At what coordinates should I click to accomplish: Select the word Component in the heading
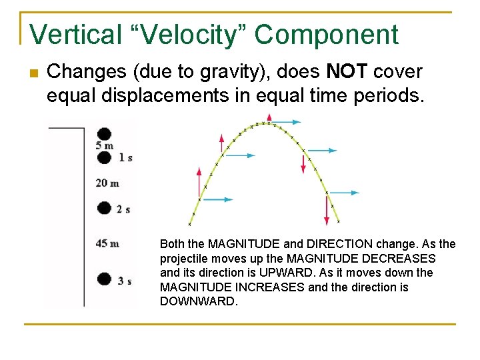pyautogui.click(x=327, y=35)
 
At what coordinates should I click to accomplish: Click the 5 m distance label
pyautogui.click(x=104, y=145)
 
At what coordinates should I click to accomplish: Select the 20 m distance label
pyautogui.click(x=107, y=183)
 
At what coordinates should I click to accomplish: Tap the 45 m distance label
pyautogui.click(x=107, y=243)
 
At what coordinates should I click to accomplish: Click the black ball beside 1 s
pyautogui.click(x=104, y=157)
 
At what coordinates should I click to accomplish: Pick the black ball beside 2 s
pyautogui.click(x=104, y=208)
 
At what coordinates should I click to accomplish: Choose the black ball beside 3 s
pyautogui.click(x=104, y=279)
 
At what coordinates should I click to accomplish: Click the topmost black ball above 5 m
pyautogui.click(x=104, y=133)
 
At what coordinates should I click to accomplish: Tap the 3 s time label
pyautogui.click(x=125, y=281)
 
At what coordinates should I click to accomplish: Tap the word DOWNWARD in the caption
pyautogui.click(x=199, y=301)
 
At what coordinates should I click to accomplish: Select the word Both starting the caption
pyautogui.click(x=172, y=244)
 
